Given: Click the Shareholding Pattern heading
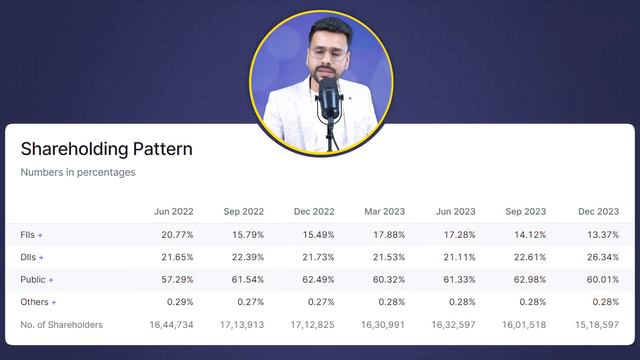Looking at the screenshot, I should click(x=106, y=149).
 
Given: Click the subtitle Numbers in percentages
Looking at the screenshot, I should click(x=78, y=172).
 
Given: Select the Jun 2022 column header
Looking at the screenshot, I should click(x=174, y=212).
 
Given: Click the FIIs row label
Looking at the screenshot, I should click(x=31, y=235).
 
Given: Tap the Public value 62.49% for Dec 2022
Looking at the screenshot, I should click(x=316, y=280).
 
